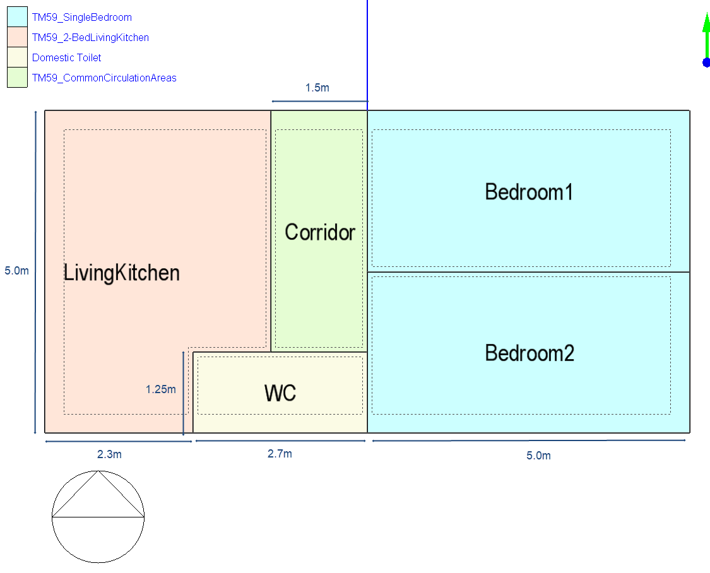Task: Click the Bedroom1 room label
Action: [529, 192]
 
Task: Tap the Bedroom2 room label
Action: [530, 353]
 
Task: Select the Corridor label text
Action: [320, 232]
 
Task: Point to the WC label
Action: [280, 393]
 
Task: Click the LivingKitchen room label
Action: [121, 273]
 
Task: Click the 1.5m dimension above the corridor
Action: [317, 88]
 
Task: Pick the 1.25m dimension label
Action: [161, 389]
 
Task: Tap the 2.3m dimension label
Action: [109, 454]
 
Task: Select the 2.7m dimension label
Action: [280, 454]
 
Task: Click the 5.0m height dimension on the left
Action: [17, 271]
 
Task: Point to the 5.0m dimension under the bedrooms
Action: [538, 456]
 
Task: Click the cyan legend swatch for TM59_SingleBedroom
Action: [17, 17]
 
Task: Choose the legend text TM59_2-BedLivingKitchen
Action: [90, 38]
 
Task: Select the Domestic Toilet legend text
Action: [66, 58]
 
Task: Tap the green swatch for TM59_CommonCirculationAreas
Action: [17, 78]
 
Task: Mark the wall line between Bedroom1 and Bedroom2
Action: [528, 272]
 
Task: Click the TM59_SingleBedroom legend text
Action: [82, 18]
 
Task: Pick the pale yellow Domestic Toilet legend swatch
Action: [17, 57]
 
